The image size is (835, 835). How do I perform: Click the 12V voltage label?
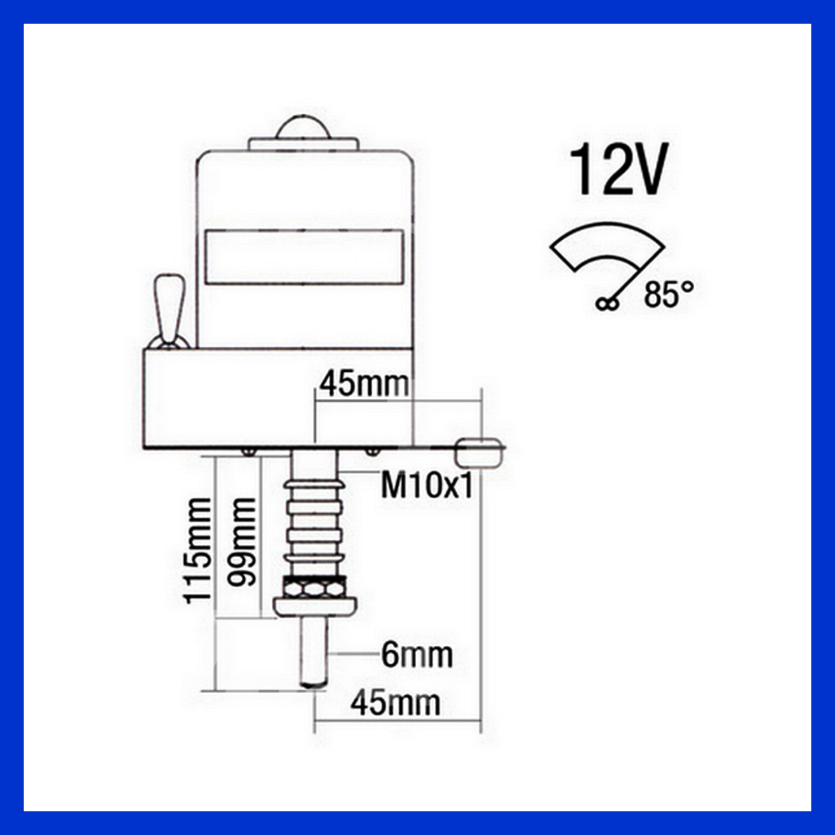[617, 169]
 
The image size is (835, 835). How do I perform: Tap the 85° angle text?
[669, 294]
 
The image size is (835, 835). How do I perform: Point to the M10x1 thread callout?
[426, 485]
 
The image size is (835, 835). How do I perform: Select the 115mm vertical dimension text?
[197, 550]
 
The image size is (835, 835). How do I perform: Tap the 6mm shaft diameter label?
[417, 655]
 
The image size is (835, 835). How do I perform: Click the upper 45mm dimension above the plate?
[364, 384]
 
